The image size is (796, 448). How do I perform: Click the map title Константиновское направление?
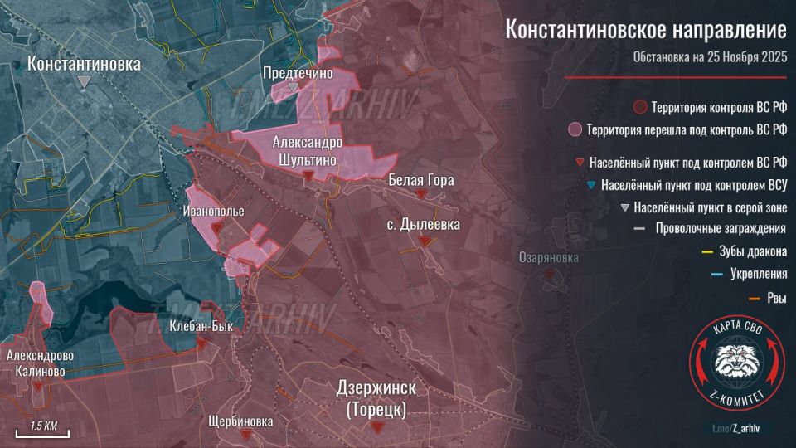pos(645,32)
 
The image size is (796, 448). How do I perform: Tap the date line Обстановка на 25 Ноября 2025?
pos(709,58)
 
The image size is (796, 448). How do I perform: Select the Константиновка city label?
pos(84,63)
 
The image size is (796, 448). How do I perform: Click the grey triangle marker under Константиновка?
pos(84,80)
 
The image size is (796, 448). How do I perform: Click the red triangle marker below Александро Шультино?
pos(308,176)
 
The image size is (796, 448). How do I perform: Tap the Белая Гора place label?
pos(421,179)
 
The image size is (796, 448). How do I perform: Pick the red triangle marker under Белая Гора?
pos(421,193)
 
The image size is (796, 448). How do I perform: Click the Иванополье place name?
pos(214,212)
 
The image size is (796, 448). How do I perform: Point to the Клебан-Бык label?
pos(201,327)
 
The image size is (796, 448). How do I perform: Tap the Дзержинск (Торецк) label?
pos(376,398)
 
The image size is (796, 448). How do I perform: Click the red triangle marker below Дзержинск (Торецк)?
pos(377,426)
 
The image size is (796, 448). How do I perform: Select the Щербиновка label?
pos(241,421)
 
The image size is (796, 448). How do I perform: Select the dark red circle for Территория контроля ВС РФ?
pos(639,107)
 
